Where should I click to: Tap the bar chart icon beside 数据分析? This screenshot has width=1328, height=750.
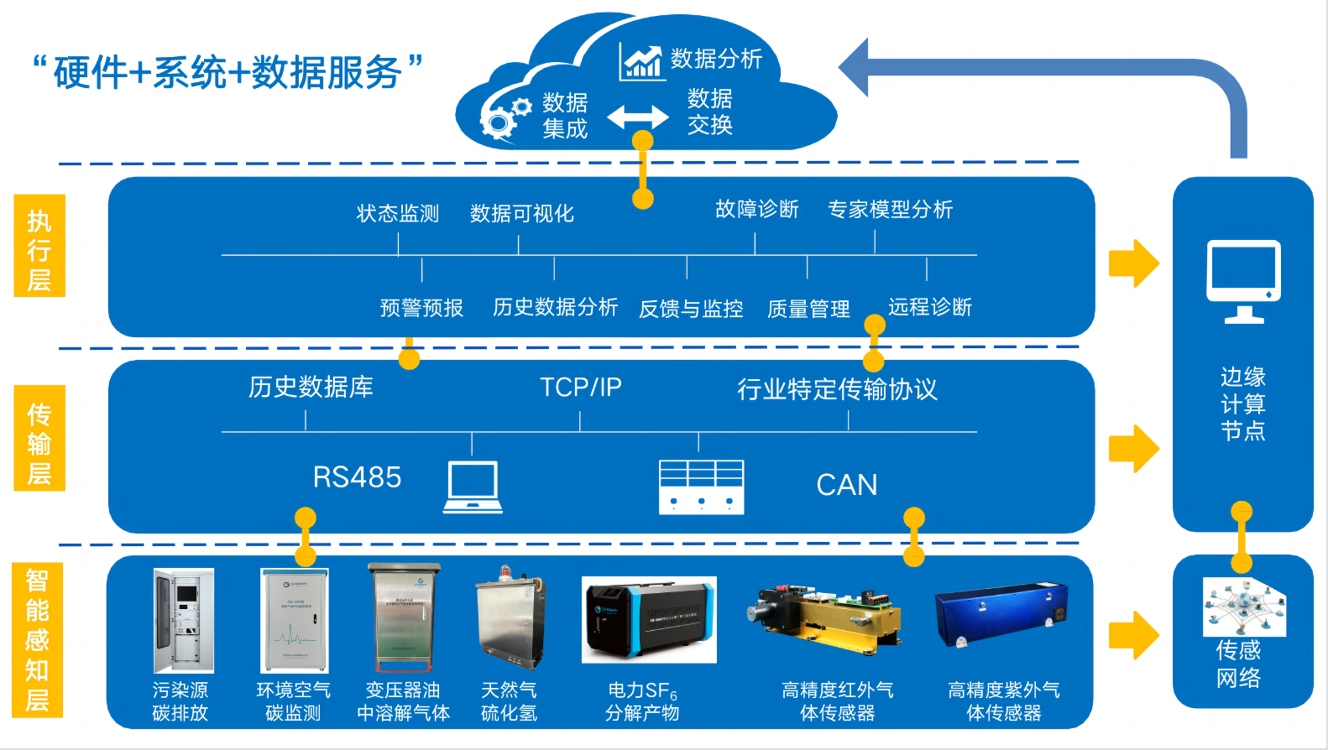(x=641, y=62)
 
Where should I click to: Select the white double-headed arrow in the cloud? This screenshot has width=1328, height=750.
(x=638, y=117)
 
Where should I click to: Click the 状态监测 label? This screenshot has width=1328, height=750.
(x=398, y=214)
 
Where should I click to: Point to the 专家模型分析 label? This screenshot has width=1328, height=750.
(x=890, y=210)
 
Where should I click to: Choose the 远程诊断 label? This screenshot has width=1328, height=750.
(x=929, y=307)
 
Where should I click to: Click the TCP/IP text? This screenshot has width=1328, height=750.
(x=580, y=388)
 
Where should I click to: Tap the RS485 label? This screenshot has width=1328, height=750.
(x=357, y=477)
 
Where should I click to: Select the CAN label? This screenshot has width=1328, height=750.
(x=846, y=485)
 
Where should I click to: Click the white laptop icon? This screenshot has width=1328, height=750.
(x=473, y=487)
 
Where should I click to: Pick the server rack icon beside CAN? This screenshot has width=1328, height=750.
(x=701, y=487)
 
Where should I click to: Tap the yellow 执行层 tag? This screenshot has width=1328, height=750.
(x=39, y=246)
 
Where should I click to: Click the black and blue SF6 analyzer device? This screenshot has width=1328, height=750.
(x=649, y=620)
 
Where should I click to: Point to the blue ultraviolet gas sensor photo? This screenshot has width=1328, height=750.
(x=1001, y=615)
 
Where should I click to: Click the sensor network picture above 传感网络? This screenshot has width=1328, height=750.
(x=1243, y=607)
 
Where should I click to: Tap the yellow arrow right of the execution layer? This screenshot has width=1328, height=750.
(x=1133, y=263)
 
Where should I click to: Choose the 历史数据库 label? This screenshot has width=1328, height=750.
(x=311, y=388)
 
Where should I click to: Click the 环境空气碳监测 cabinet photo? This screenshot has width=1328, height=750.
(x=294, y=621)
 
